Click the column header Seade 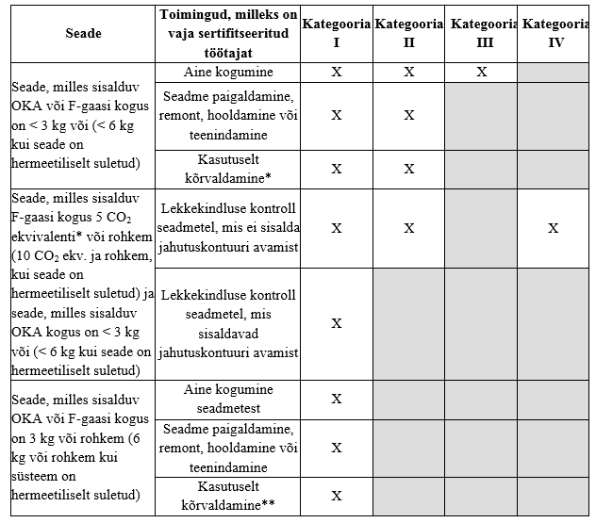tap(83, 34)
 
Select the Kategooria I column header tap(337, 34)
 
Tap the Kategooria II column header tap(408, 34)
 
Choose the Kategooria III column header tap(481, 34)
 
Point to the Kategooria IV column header tap(555, 34)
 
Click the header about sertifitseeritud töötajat tap(229, 34)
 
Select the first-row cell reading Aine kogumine tap(229, 72)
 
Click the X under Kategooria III tap(481, 72)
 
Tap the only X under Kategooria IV tap(554, 228)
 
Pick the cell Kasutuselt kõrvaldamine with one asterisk tap(229, 169)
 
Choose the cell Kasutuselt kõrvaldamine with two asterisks tap(229, 496)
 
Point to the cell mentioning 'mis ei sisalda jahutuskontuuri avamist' tap(229, 228)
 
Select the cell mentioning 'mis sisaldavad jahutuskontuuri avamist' tap(229, 324)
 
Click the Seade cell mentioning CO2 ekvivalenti tap(83, 285)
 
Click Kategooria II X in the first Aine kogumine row tap(408, 72)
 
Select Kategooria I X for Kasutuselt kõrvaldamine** tap(337, 496)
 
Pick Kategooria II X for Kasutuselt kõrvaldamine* tap(408, 169)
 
